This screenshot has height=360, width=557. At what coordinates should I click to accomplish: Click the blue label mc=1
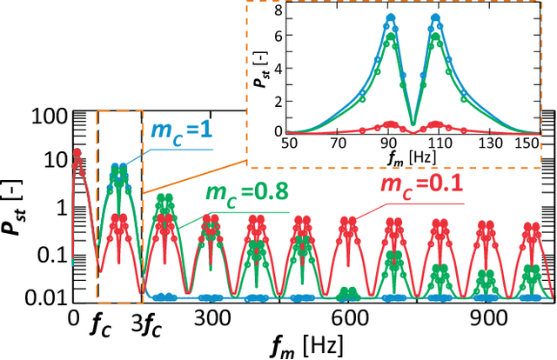[184, 131]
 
